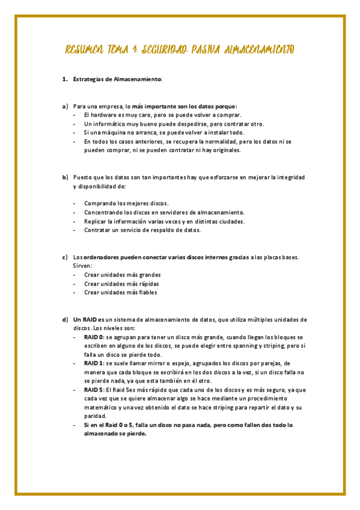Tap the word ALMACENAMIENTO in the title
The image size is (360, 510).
(x=259, y=49)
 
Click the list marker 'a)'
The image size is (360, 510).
(x=65, y=106)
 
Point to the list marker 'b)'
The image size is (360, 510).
(x=65, y=177)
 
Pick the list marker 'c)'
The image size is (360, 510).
(x=65, y=257)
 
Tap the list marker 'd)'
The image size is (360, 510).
(x=65, y=319)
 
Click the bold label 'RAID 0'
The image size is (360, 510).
(x=94, y=337)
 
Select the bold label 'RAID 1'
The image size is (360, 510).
(x=93, y=364)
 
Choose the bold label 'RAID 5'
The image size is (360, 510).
(x=94, y=390)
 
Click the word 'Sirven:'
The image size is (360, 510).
(x=82, y=266)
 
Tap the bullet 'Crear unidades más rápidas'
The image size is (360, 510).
(x=121, y=283)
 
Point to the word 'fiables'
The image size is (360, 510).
(x=146, y=292)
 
